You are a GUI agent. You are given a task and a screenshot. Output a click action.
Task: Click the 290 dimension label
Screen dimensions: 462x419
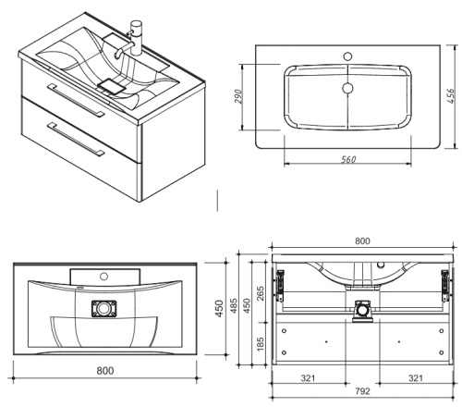click(x=238, y=97)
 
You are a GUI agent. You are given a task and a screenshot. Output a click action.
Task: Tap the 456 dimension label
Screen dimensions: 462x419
click(x=450, y=96)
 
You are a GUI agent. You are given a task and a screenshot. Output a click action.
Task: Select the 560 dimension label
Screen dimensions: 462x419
click(x=348, y=159)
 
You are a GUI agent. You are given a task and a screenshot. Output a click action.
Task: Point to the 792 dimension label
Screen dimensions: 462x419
click(x=362, y=391)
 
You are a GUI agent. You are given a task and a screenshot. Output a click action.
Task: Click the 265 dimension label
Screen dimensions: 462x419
click(x=261, y=294)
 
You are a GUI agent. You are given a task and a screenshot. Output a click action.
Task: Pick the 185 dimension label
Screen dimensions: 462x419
click(x=261, y=344)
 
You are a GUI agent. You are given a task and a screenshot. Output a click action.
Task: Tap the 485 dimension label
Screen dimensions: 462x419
click(x=234, y=305)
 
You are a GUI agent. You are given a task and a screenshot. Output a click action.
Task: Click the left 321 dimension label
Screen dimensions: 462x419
click(x=308, y=378)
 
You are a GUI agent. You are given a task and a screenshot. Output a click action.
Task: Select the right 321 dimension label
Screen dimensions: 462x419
click(x=416, y=378)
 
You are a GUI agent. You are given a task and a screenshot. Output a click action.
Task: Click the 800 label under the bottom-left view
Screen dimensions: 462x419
click(x=105, y=371)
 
